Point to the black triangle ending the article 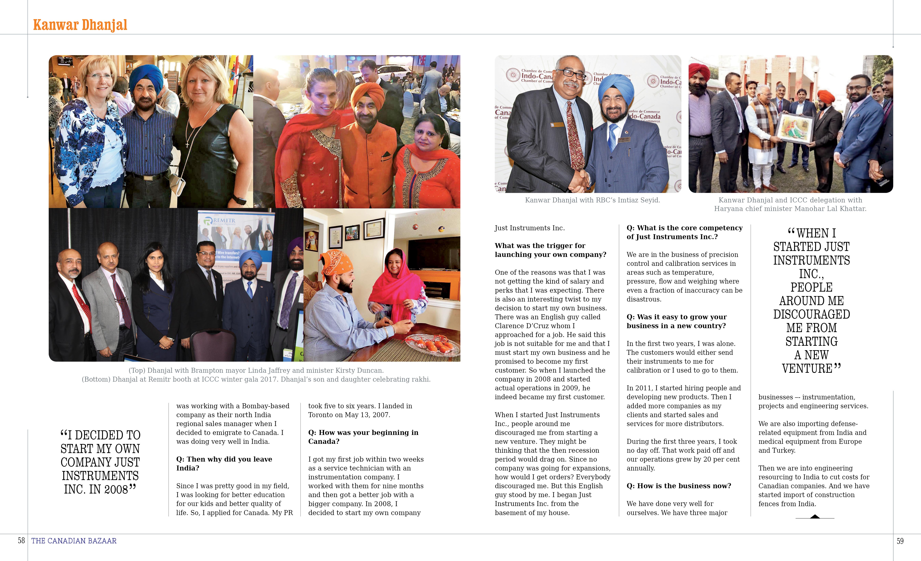[815, 517]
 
